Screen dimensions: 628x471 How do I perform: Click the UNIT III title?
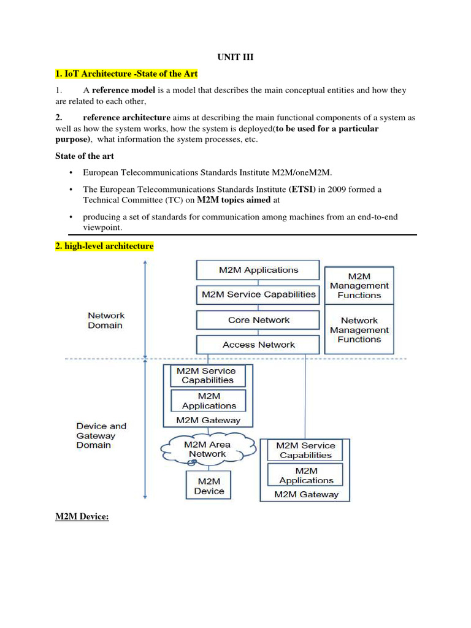click(235, 57)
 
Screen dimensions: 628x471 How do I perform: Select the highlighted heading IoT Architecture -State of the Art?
click(127, 74)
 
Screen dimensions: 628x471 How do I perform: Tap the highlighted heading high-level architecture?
click(104, 246)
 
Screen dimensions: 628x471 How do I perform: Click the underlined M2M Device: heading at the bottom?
click(82, 517)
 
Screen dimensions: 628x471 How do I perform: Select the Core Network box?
click(258, 320)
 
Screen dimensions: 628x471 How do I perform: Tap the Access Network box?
click(258, 345)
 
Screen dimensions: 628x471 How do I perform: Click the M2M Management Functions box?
click(359, 286)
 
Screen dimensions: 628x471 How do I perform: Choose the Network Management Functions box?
click(359, 330)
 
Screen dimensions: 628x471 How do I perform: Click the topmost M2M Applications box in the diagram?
click(258, 270)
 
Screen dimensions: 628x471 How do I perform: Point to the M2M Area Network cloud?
click(207, 450)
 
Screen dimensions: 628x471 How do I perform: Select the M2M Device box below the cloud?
click(209, 486)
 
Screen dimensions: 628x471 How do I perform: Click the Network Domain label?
click(105, 320)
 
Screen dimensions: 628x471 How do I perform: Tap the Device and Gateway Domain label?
click(101, 435)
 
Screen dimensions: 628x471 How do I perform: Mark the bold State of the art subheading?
click(85, 156)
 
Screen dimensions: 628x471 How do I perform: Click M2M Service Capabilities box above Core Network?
click(258, 294)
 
